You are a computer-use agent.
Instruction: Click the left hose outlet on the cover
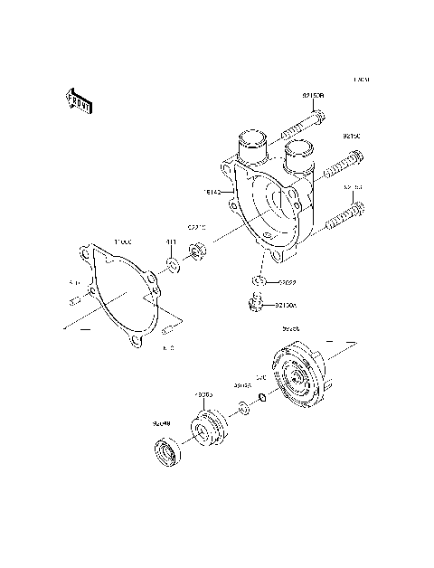point(252,145)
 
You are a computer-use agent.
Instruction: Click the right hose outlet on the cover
point(301,155)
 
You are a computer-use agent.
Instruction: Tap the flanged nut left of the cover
point(198,250)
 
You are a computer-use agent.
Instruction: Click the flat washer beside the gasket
point(172,267)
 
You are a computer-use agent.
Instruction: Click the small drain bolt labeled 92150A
point(256,305)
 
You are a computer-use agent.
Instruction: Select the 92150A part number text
point(286,307)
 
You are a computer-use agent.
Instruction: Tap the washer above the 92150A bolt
point(257,283)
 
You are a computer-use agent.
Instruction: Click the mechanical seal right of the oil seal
point(211,424)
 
